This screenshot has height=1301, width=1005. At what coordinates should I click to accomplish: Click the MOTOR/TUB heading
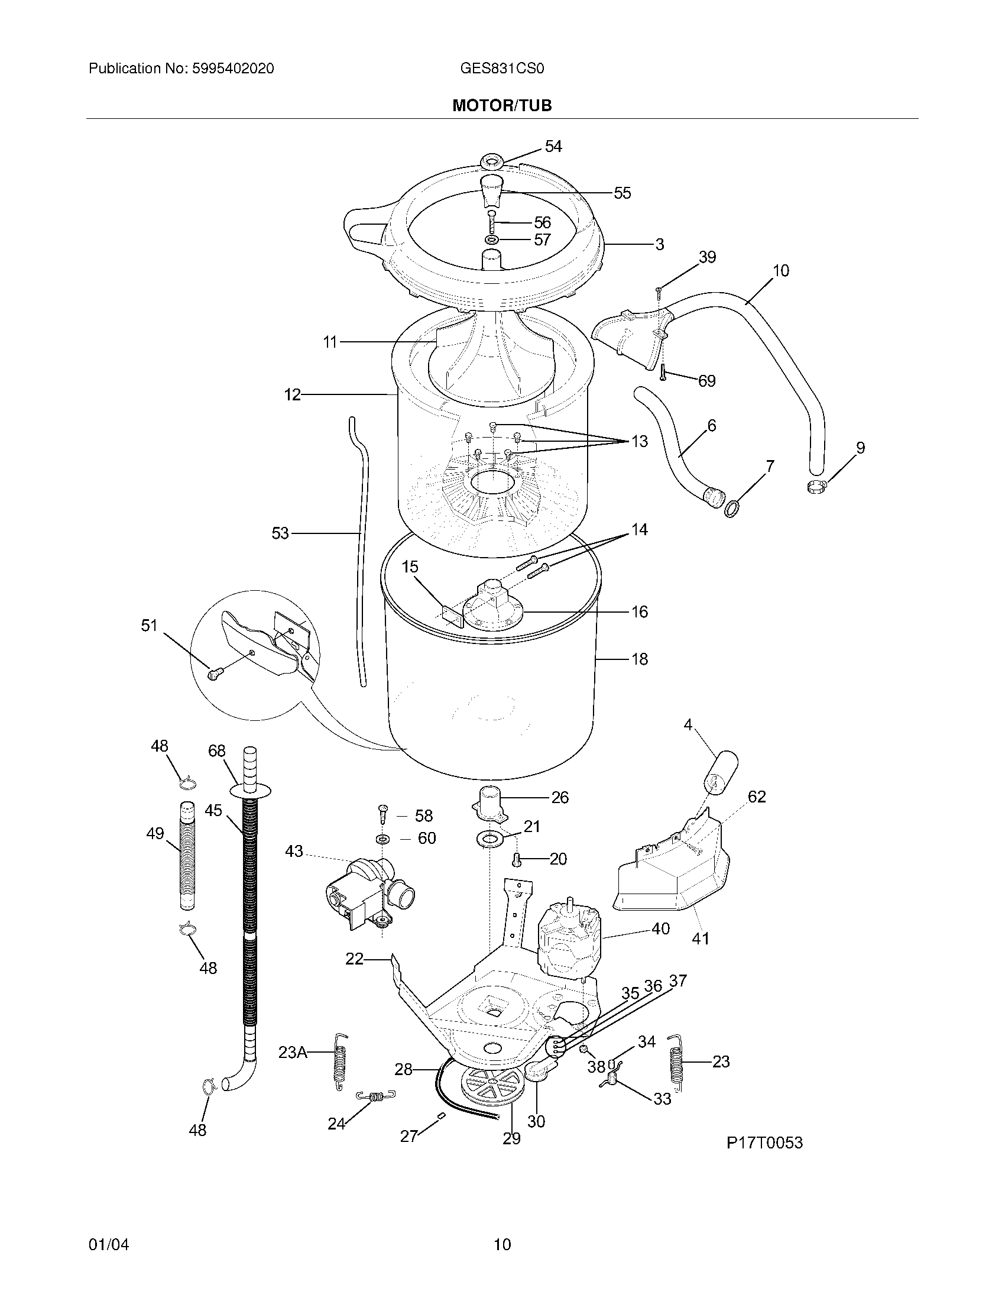pyautogui.click(x=502, y=105)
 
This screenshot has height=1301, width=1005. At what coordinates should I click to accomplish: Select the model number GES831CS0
pyautogui.click(x=501, y=69)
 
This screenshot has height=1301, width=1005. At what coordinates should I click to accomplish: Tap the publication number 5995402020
pyautogui.click(x=233, y=69)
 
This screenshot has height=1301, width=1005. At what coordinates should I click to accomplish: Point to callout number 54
pyautogui.click(x=553, y=147)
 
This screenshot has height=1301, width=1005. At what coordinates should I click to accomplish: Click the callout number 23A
pyautogui.click(x=292, y=1053)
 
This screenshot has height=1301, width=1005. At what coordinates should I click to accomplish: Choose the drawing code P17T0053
pyautogui.click(x=764, y=1143)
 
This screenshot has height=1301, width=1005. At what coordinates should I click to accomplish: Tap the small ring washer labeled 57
pyautogui.click(x=492, y=240)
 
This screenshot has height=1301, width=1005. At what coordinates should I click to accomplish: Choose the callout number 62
pyautogui.click(x=756, y=797)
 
